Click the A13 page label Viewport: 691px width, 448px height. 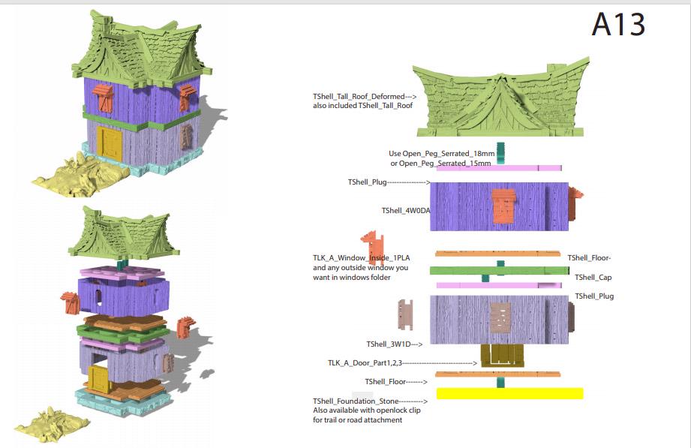[617, 26]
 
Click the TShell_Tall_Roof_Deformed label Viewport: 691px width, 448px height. [358, 97]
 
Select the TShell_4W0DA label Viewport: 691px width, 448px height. [405, 211]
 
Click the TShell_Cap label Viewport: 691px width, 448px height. [593, 278]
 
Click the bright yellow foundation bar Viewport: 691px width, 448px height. [509, 393]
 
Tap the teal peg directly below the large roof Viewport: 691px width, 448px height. [501, 152]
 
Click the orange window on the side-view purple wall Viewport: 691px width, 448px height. [504, 206]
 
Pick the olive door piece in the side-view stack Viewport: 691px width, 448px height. [500, 355]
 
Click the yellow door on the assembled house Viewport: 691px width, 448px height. [109, 144]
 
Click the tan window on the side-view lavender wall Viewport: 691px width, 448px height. [500, 317]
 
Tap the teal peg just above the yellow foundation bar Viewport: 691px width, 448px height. [500, 382]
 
